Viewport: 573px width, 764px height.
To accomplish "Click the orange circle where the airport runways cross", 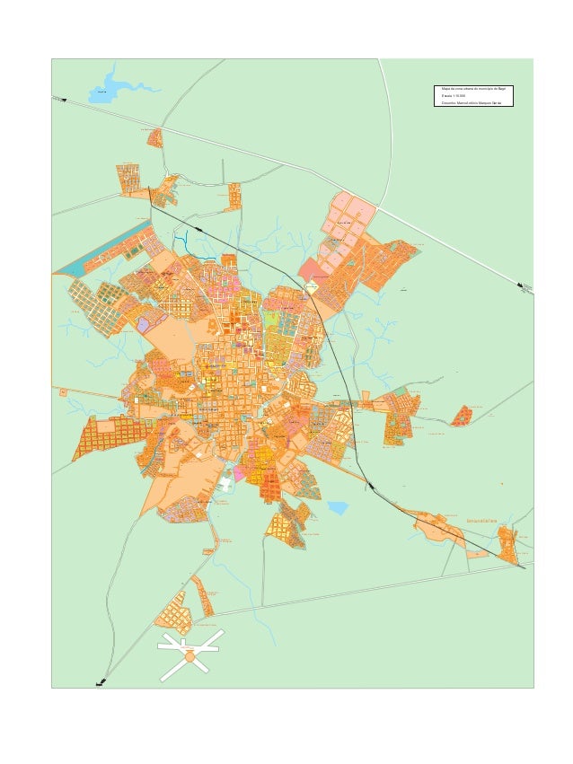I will (x=190, y=657).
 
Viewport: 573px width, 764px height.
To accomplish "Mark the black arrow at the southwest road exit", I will (x=101, y=683).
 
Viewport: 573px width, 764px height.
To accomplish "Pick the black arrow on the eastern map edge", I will (x=524, y=286).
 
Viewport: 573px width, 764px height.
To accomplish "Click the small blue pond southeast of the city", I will (x=338, y=508).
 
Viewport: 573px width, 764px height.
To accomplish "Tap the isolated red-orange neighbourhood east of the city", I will (x=462, y=416).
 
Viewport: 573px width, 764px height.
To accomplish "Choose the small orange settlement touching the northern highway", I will (x=155, y=137).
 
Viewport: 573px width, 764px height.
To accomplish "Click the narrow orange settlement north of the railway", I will (x=234, y=196).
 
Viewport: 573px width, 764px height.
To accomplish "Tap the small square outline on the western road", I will (x=63, y=391).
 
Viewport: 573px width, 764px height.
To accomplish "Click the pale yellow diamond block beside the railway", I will (x=312, y=287).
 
